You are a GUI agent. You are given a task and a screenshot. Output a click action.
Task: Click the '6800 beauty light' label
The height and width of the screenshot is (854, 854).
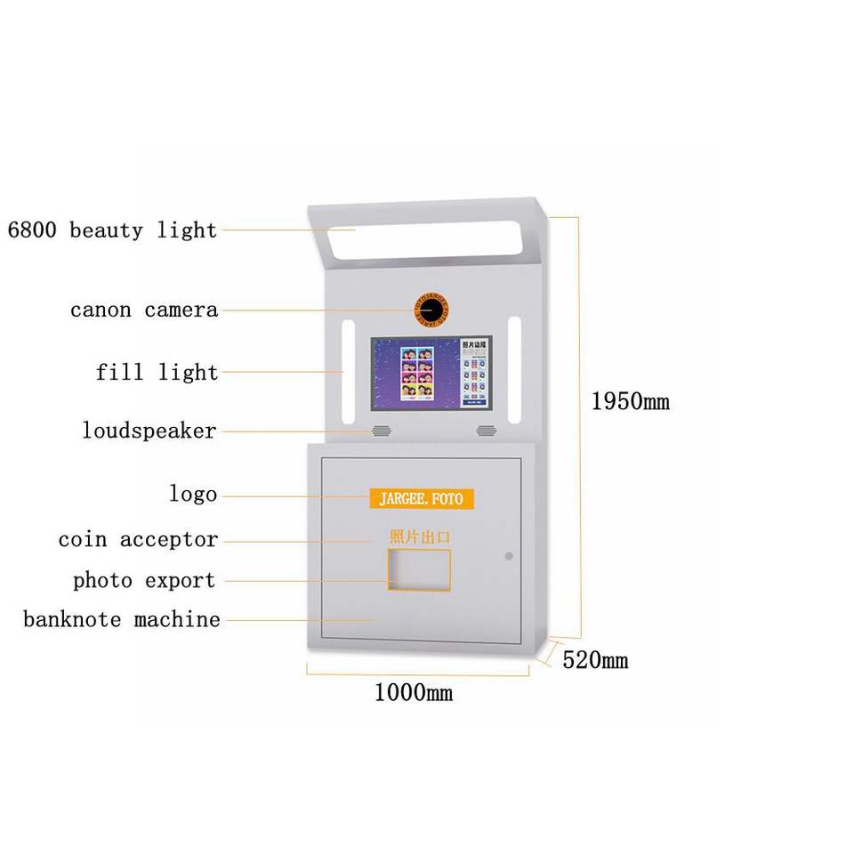click(x=112, y=230)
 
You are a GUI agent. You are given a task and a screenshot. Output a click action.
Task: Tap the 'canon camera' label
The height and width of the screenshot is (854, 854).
click(x=144, y=310)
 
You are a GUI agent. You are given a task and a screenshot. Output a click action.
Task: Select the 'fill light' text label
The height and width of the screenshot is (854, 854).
click(x=157, y=372)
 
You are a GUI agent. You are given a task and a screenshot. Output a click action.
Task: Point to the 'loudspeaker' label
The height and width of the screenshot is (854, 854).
click(x=149, y=431)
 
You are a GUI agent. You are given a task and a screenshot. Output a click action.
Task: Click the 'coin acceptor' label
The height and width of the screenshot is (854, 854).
click(x=138, y=540)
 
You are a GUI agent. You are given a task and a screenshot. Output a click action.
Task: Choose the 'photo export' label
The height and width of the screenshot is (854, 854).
click(x=144, y=581)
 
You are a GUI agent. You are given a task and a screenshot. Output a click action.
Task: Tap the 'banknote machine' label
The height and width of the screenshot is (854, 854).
click(x=122, y=619)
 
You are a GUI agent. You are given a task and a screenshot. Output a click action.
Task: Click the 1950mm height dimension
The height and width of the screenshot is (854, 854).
click(x=630, y=401)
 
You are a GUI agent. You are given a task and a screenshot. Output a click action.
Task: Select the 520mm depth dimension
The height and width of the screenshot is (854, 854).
click(x=595, y=660)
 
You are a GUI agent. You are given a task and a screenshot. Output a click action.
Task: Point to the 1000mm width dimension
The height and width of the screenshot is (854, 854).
click(x=413, y=692)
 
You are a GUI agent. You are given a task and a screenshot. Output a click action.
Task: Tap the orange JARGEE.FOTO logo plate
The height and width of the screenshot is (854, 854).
click(x=422, y=498)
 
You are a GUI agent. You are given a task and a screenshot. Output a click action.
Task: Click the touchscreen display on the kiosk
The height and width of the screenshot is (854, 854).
click(x=431, y=373)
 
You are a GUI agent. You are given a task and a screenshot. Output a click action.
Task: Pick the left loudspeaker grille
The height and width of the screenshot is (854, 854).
click(x=381, y=431)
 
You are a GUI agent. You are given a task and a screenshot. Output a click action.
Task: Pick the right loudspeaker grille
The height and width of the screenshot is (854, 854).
click(x=485, y=431)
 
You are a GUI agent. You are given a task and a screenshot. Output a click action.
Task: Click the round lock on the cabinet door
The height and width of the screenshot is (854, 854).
click(x=509, y=556)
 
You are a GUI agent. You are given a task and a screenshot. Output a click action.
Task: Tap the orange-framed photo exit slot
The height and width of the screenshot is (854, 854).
click(x=418, y=570)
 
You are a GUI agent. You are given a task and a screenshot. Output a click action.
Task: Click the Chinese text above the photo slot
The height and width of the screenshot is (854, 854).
click(x=420, y=536)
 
